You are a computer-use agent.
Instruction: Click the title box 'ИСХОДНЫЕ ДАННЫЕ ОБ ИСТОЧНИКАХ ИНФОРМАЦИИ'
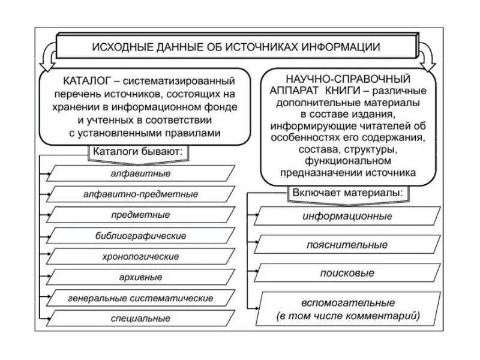tap(235, 46)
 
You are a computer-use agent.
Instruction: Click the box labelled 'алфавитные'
tap(140, 173)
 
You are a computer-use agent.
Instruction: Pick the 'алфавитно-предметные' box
tap(140, 194)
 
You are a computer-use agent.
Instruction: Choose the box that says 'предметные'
tap(140, 215)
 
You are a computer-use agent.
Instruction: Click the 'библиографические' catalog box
tap(140, 236)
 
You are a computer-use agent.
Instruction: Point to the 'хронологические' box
tap(140, 256)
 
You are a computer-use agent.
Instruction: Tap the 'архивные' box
tap(140, 277)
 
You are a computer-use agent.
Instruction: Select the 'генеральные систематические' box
tap(140, 298)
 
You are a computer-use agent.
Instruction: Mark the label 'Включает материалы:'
tap(348, 194)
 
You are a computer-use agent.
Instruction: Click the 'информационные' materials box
tap(348, 216)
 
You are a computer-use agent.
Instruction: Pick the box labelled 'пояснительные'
tap(348, 245)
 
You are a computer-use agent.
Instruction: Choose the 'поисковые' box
tap(348, 273)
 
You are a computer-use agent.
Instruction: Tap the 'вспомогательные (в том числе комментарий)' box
tap(348, 308)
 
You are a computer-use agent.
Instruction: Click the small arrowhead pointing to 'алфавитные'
tap(47, 173)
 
